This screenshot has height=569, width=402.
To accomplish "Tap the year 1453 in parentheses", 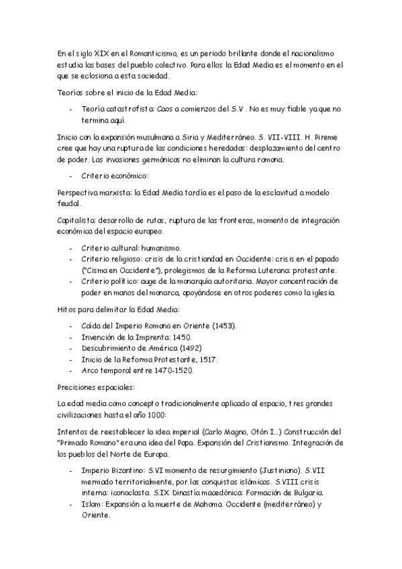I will pos(223,325).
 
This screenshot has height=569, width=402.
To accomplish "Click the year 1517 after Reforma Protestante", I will pos(205,359).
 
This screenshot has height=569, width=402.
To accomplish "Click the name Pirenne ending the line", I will pos(330,136).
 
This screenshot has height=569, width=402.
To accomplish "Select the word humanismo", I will pos(161,248).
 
